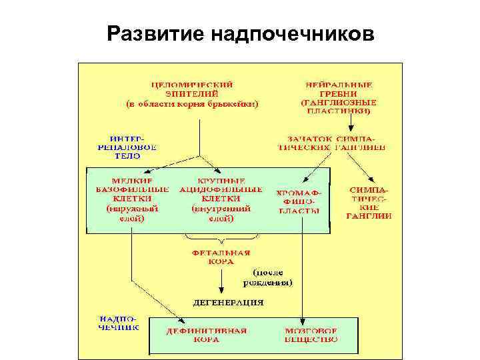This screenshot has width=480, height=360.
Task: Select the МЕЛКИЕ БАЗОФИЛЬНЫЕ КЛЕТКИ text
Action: pos(131,189)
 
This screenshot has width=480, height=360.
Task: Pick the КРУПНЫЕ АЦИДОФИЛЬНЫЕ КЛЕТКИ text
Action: pos(221,189)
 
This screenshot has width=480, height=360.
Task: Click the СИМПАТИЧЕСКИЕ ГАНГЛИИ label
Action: pos(369,203)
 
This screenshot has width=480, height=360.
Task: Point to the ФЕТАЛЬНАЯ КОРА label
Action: pos(221,257)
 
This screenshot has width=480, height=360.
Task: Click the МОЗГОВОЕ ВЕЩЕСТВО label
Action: pos(311,334)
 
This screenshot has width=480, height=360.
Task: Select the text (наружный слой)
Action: pos(131,213)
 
